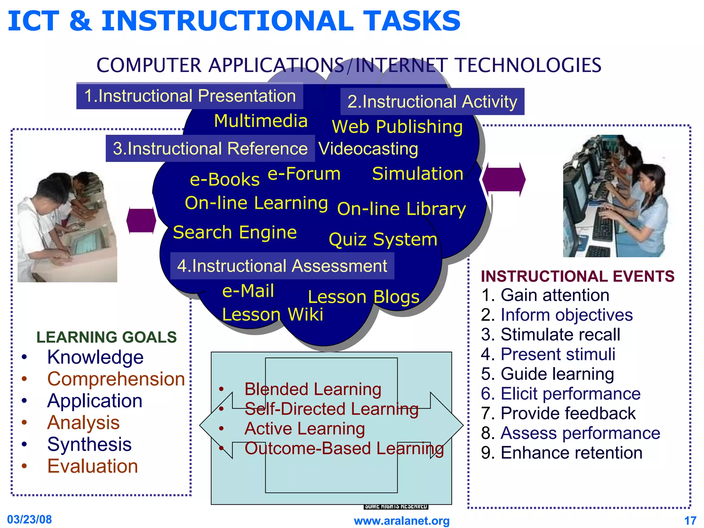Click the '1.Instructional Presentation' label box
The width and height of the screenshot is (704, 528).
[x=189, y=96]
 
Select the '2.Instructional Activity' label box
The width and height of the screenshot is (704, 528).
[x=432, y=102]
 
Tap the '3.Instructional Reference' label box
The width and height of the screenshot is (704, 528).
[x=210, y=148]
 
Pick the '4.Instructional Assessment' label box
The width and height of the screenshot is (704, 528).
[x=282, y=266]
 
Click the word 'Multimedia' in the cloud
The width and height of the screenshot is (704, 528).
[x=261, y=121]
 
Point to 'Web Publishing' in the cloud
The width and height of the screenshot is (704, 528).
[x=397, y=127]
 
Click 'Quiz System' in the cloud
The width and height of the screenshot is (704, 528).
[x=383, y=239]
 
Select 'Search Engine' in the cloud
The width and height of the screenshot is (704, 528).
[x=235, y=232]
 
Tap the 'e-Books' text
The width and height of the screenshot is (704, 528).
[x=224, y=179]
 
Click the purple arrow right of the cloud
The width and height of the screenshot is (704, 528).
[x=504, y=179]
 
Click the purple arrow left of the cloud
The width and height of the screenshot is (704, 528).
[x=141, y=221]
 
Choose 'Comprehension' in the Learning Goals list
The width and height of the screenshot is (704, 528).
[x=116, y=379]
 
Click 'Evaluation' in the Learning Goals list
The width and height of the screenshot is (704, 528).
[x=92, y=466]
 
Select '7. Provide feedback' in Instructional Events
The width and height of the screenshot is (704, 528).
[x=558, y=413]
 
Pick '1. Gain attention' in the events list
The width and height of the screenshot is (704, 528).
[x=545, y=295]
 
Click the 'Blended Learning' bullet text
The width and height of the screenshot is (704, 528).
[x=312, y=389]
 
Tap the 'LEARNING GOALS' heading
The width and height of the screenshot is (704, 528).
[x=107, y=337]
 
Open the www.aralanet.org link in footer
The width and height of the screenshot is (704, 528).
[x=401, y=521]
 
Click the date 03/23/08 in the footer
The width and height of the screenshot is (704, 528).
[x=30, y=519]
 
